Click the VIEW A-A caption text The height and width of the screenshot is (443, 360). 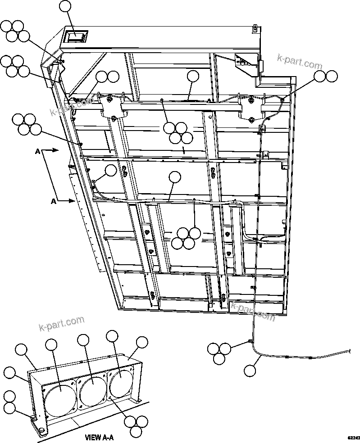99,437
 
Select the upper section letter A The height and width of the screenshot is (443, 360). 38,152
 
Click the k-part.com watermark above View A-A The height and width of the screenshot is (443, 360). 62,323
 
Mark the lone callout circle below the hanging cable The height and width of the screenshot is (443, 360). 249,370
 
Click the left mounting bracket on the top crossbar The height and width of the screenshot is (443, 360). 111,107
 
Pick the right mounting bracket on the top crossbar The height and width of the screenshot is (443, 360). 251,108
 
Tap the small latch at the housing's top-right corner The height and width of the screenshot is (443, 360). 255,29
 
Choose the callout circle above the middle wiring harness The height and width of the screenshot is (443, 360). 174,177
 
